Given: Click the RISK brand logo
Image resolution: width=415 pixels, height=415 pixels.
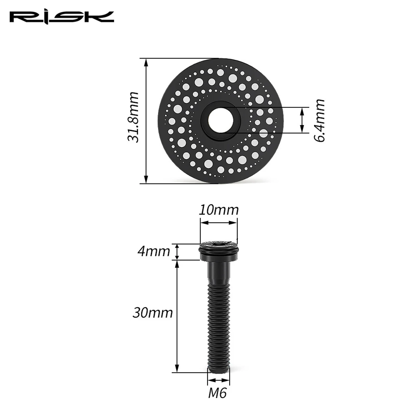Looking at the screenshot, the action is [x=62, y=18].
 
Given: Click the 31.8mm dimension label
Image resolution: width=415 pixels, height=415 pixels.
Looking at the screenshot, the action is [x=133, y=117].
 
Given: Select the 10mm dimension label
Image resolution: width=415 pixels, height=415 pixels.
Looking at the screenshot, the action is [x=218, y=210].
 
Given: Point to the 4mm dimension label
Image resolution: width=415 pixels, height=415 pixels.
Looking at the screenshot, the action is [x=154, y=251].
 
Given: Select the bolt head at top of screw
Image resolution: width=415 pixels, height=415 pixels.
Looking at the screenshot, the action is [x=219, y=251].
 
